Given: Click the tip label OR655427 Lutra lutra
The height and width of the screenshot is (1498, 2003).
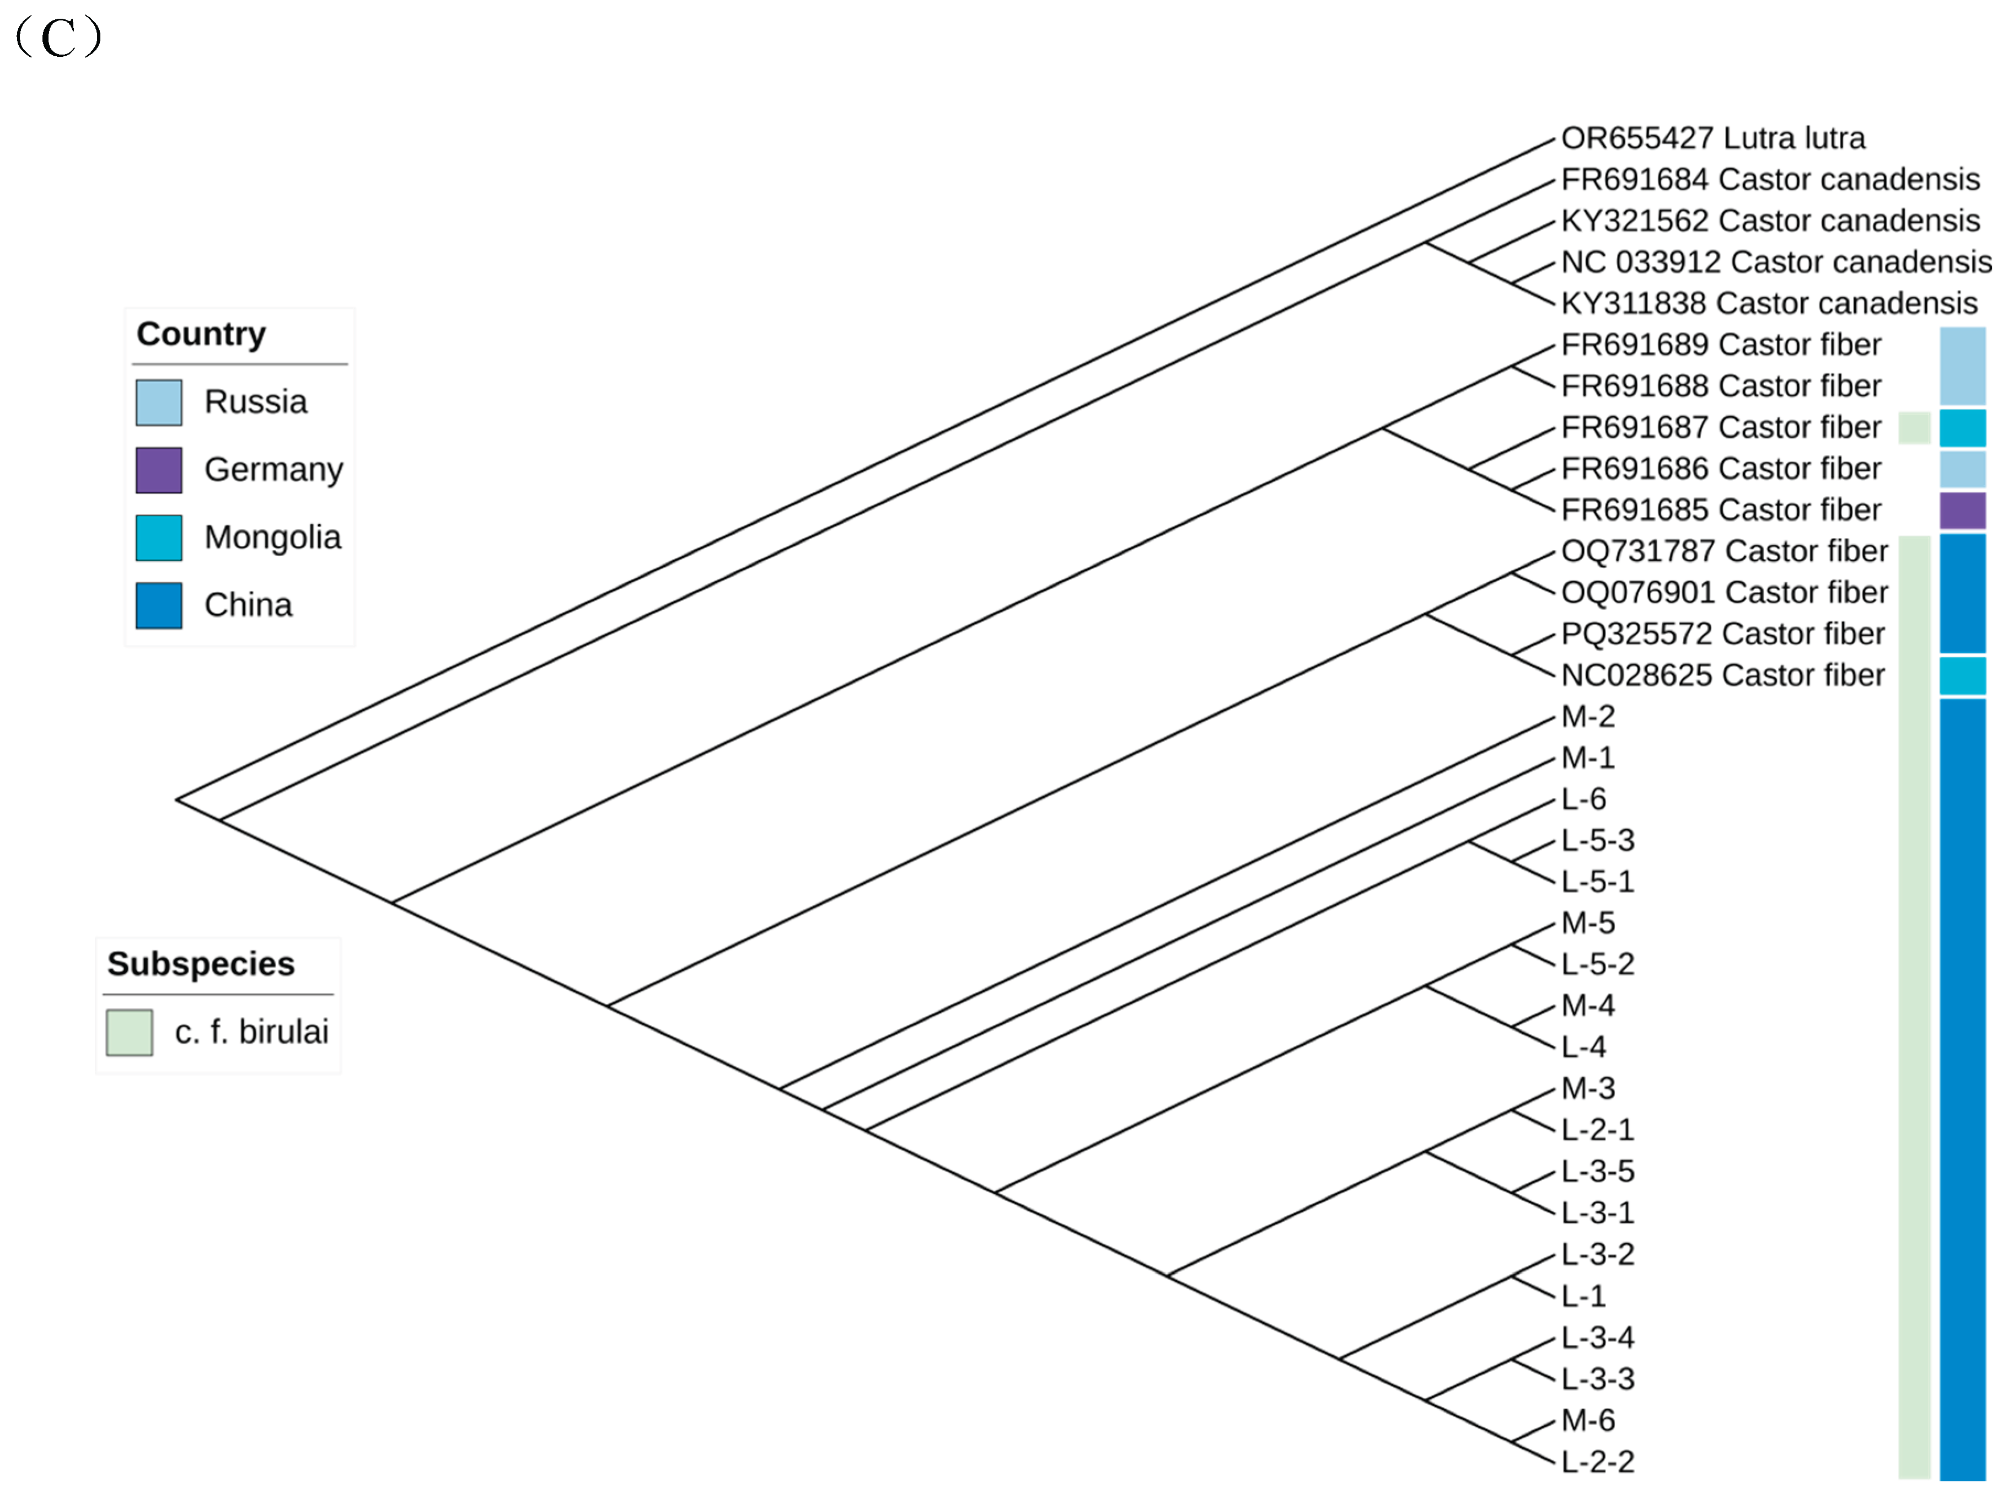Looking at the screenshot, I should [x=1712, y=138].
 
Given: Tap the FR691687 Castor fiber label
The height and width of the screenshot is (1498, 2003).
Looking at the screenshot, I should [x=1721, y=427].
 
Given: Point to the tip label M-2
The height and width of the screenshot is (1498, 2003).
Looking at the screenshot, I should [x=1587, y=716].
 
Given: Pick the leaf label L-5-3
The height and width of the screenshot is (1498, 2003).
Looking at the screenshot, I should [x=1597, y=840].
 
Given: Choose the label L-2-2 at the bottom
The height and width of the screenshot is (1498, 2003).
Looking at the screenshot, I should [x=1597, y=1462].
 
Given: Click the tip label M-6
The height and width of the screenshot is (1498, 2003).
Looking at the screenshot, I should [x=1587, y=1420].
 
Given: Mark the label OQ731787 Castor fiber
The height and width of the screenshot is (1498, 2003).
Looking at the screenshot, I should [x=1724, y=551].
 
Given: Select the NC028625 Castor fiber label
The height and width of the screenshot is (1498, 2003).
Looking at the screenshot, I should [x=1722, y=675].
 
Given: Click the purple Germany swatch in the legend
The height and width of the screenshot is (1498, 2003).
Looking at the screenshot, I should [x=158, y=470].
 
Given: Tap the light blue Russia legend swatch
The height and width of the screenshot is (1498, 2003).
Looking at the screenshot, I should [x=158, y=402].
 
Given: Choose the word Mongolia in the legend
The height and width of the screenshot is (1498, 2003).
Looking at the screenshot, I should [x=272, y=537].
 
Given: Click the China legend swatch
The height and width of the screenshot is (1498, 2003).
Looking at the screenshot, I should [x=158, y=605].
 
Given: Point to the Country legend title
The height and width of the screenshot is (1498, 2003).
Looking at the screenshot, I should [x=201, y=334].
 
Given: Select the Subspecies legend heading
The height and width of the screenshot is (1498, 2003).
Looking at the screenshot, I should [x=201, y=964].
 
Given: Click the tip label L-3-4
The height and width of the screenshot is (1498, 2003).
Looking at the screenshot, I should [x=1597, y=1338].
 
